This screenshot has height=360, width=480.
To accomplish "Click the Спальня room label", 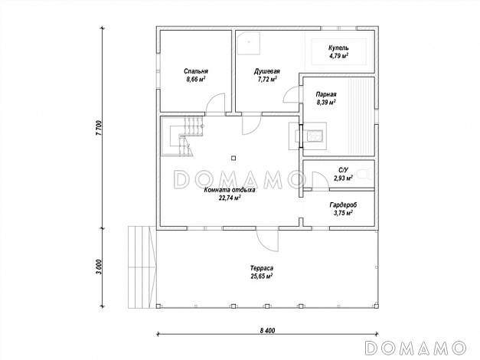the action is (x=196, y=71).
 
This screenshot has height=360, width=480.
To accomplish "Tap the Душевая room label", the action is (x=267, y=71).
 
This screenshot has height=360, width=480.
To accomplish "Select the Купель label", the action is (x=338, y=48).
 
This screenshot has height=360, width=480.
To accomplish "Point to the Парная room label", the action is (x=326, y=94).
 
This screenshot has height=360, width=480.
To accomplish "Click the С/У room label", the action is (x=343, y=170).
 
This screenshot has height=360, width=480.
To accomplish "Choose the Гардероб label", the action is (x=343, y=205).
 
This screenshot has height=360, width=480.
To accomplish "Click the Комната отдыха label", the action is (x=230, y=190).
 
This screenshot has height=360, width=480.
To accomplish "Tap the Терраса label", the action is (x=262, y=268).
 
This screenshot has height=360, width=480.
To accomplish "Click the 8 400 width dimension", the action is (x=267, y=331).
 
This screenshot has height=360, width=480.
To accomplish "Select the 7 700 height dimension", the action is (x=98, y=128).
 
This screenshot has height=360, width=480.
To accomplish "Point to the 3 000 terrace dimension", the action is (x=98, y=267).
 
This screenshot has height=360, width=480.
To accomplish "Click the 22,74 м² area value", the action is (x=230, y=198).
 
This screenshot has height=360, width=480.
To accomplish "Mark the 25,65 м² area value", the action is (x=262, y=276).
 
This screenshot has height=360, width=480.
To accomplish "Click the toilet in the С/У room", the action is (x=366, y=174).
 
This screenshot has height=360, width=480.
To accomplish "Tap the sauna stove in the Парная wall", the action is (x=315, y=136).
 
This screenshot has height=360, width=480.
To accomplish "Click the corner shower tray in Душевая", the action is (x=249, y=43).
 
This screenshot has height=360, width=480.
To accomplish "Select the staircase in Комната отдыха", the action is (x=182, y=136).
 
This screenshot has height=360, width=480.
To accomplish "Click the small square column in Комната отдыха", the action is (x=233, y=158).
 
